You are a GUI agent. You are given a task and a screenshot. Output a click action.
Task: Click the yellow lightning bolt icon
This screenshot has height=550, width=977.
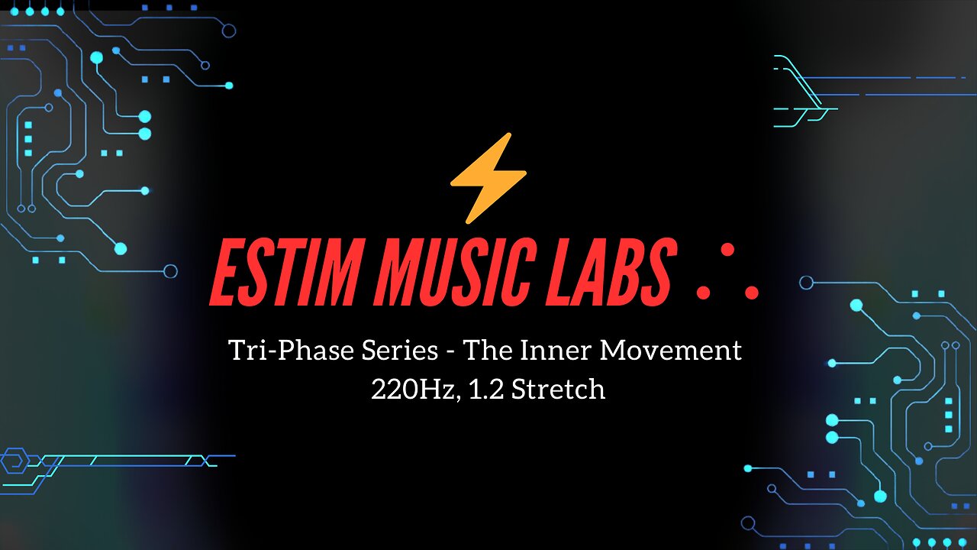click(x=488, y=177)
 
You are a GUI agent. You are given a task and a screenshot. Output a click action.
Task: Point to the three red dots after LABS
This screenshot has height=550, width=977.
click(x=727, y=273)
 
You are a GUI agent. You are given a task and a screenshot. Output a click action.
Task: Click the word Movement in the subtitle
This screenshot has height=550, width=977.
click(x=671, y=351)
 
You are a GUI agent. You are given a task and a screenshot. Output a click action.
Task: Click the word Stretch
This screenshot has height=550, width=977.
click(x=558, y=389)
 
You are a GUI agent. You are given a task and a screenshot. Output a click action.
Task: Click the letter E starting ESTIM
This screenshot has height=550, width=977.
click(x=227, y=271)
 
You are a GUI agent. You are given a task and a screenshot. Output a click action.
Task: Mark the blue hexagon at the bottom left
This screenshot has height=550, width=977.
click(x=13, y=461)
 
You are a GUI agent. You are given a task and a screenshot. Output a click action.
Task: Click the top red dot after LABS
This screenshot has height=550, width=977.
click(x=727, y=250)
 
